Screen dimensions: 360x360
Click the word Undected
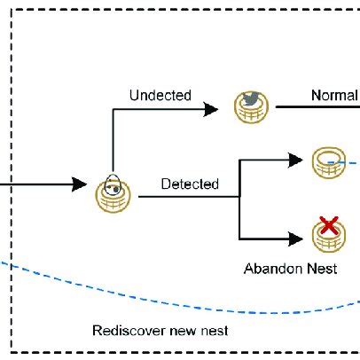click(x=160, y=95)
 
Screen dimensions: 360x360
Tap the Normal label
click(x=333, y=95)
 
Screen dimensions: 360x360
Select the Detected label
click(x=190, y=184)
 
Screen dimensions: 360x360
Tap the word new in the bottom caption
click(x=182, y=331)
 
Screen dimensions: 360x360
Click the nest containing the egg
click(x=113, y=192)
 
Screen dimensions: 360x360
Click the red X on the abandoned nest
click(x=329, y=226)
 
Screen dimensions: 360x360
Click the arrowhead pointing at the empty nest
click(x=296, y=160)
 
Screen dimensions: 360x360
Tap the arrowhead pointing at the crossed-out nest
click(x=296, y=239)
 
